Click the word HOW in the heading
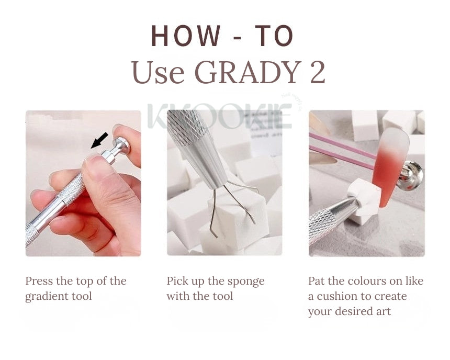(186, 36)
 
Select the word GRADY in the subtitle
(243, 73)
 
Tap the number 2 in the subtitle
(317, 73)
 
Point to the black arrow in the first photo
(99, 140)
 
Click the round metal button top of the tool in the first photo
(122, 145)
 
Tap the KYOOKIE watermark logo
(220, 116)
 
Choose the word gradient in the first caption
(46, 296)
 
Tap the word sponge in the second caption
(245, 281)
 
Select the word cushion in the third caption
(338, 296)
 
